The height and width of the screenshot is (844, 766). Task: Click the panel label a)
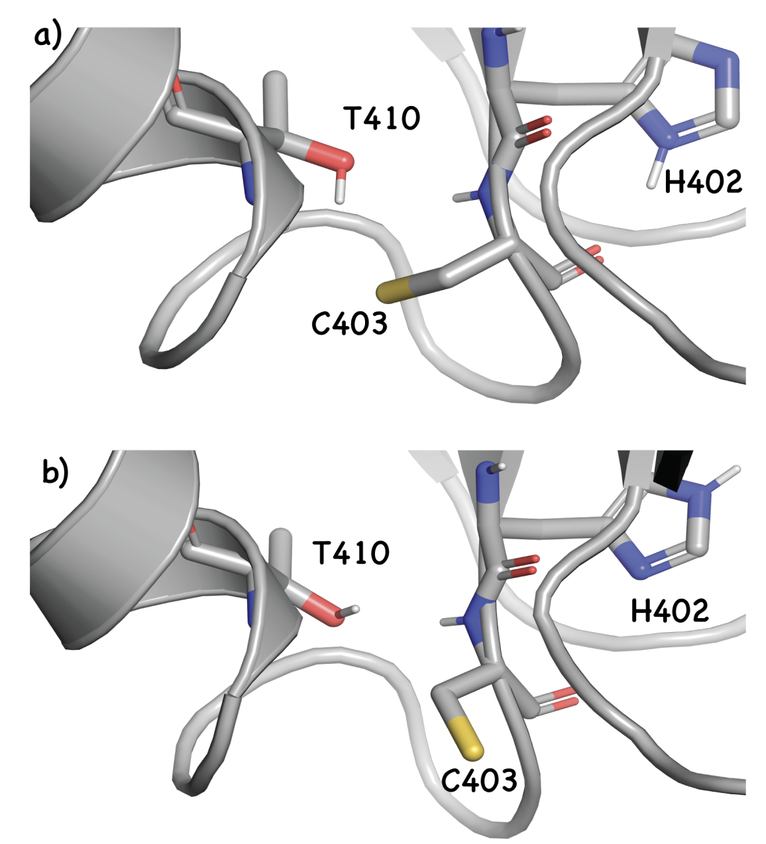point(48,36)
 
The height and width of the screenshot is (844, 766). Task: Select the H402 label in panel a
point(703,181)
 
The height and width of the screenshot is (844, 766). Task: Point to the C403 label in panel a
point(349,323)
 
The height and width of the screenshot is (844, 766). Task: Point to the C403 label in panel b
point(479,781)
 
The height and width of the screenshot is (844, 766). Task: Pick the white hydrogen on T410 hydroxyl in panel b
point(355,608)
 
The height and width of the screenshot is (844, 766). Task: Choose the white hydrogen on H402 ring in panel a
point(655,174)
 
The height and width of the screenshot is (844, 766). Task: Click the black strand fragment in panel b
point(671,470)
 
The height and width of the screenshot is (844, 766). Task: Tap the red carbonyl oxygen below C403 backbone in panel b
point(561,698)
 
